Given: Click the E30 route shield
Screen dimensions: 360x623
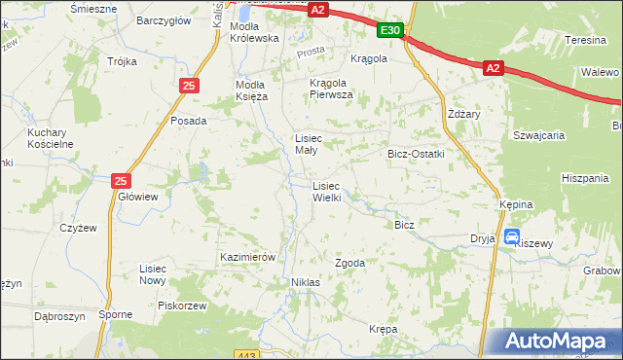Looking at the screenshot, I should tap(390, 31).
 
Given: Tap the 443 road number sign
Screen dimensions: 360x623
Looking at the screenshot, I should tap(246, 354).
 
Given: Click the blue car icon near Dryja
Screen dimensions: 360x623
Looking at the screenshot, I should tap(512, 235).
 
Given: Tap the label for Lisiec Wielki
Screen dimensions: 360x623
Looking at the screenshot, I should tap(326, 192).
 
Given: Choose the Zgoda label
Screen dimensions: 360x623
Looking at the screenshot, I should tap(349, 263).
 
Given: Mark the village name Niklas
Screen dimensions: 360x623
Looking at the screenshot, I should tap(305, 282).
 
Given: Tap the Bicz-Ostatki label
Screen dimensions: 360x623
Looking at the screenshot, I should tap(416, 154).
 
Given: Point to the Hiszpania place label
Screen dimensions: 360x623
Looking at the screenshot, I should tap(585, 178).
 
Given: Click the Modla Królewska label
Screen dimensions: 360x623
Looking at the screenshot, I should tap(254, 32).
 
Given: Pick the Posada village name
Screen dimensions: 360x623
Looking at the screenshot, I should tap(188, 121).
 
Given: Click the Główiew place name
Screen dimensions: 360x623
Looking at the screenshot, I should tap(137, 196).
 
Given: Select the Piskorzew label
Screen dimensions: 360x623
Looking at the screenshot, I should tap(182, 305).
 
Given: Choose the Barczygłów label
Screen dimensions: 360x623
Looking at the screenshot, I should tap(163, 19).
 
